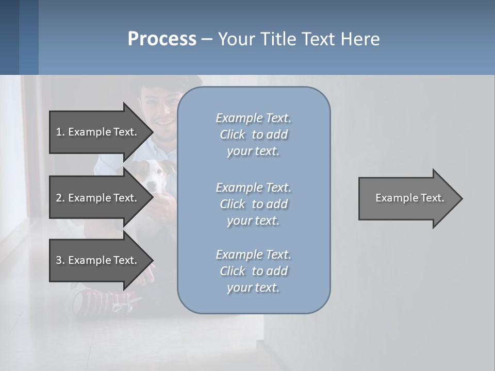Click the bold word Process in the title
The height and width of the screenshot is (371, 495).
pyautogui.click(x=162, y=39)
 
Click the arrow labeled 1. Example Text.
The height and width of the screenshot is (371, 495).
pyautogui.click(x=98, y=132)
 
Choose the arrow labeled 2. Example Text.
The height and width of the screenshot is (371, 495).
pyautogui.click(x=98, y=198)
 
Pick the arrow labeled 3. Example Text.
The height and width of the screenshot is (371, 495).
pyautogui.click(x=98, y=260)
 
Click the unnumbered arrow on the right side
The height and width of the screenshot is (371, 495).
pyautogui.click(x=407, y=198)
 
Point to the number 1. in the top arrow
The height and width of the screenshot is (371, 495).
pyautogui.click(x=60, y=132)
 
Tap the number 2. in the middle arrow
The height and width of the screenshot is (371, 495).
pyautogui.click(x=60, y=198)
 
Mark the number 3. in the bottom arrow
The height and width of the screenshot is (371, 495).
pyautogui.click(x=60, y=260)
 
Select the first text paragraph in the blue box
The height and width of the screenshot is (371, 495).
pyautogui.click(x=253, y=134)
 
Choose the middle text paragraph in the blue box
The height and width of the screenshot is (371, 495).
pyautogui.click(x=253, y=204)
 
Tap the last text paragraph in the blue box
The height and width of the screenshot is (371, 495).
pyautogui.click(x=253, y=271)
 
